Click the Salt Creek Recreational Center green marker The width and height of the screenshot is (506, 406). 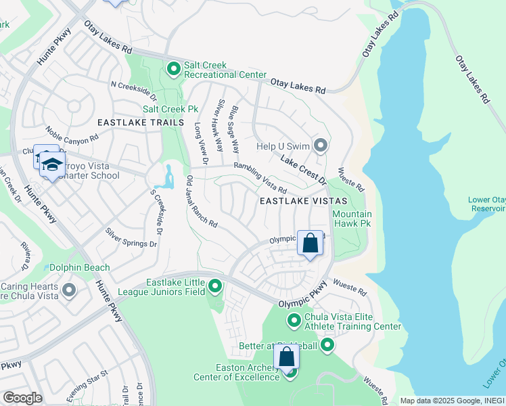[173, 68]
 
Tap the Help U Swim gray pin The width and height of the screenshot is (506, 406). [321, 145]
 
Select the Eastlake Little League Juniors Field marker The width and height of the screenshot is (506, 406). [215, 287]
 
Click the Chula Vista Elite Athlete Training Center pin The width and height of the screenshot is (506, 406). [294, 319]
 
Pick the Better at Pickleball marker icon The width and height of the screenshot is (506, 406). [327, 346]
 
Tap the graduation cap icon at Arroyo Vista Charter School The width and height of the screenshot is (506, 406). [51, 164]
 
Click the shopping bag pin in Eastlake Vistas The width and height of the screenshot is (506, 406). [310, 243]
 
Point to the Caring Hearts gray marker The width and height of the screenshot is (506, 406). [68, 291]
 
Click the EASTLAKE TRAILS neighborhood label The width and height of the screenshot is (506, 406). [140, 122]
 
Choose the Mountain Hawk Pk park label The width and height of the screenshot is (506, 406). [352, 218]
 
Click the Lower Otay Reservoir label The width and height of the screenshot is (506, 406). [486, 204]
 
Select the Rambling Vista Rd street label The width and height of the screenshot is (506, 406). [260, 177]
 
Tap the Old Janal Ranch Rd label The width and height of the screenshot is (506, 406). [201, 202]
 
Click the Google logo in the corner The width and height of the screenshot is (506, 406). [22, 397]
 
